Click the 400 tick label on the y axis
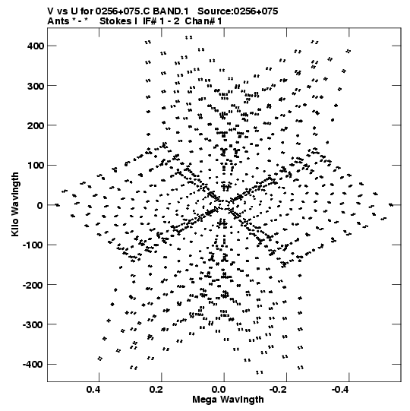click(36, 46)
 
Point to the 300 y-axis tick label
click(36, 86)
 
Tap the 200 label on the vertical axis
click(36, 126)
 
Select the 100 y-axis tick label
click(36, 166)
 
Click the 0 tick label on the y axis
click(40, 205)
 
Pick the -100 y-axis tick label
click(33, 245)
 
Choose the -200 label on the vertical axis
click(33, 285)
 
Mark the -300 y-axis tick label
click(33, 325)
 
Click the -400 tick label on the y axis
click(33, 365)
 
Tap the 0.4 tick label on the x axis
click(93, 390)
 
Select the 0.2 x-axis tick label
click(156, 390)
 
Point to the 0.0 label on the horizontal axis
click(219, 390)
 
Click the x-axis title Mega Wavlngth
click(228, 400)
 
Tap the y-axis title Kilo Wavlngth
click(15, 204)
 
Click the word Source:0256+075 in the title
click(238, 11)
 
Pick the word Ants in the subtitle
click(58, 21)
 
